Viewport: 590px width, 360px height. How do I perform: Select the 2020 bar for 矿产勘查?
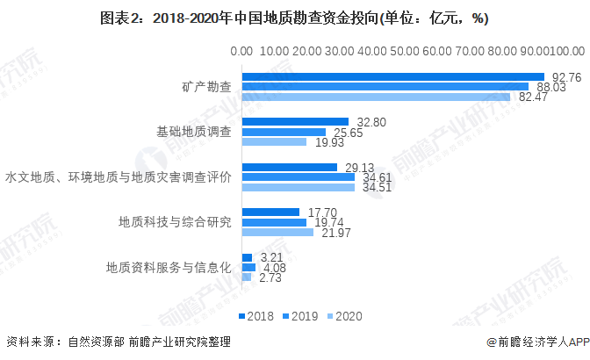(376, 97)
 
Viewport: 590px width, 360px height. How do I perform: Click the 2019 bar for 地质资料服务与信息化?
(248, 267)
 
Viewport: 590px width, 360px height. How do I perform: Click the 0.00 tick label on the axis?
(241, 53)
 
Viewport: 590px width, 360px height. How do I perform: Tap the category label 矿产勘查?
(207, 87)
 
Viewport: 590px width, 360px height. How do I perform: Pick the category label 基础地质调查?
(194, 132)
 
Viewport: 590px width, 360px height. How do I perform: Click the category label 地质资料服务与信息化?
(169, 267)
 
